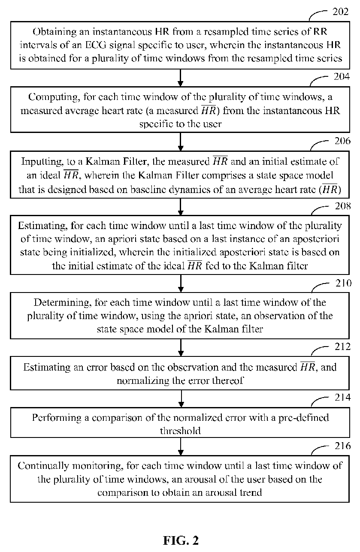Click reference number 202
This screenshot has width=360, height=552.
(341, 12)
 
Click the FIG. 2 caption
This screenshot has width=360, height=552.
(181, 540)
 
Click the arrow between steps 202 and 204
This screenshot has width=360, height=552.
(181, 78)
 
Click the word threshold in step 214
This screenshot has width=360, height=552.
(180, 431)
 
